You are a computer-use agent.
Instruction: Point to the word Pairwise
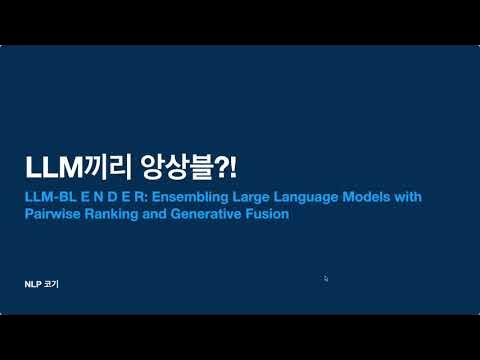pos(51,214)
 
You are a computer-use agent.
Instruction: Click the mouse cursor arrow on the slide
pos(327,279)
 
